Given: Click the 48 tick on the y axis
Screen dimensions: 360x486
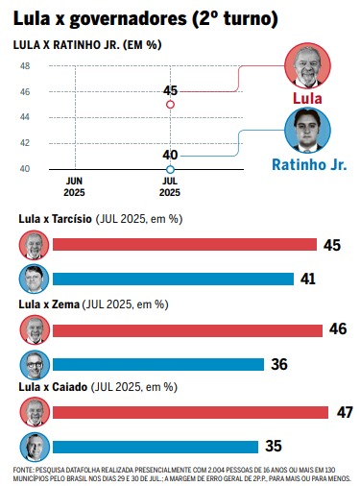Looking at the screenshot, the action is pyautogui.click(x=25, y=66).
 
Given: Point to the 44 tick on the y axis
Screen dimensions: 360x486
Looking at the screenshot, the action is pyautogui.click(x=25, y=117).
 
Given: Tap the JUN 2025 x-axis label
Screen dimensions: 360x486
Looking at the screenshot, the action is pyautogui.click(x=74, y=187).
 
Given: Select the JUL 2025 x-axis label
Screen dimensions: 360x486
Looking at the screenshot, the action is pyautogui.click(x=170, y=187).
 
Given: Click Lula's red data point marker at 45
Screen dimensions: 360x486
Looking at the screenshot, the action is pyautogui.click(x=171, y=105).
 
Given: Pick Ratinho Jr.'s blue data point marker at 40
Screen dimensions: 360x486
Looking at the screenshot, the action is pyautogui.click(x=171, y=169).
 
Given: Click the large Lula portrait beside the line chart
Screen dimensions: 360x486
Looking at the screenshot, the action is pyautogui.click(x=307, y=65).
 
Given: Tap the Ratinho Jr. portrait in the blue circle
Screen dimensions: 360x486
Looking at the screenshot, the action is pyautogui.click(x=307, y=131).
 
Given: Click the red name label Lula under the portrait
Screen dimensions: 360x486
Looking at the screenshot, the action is pyautogui.click(x=307, y=98).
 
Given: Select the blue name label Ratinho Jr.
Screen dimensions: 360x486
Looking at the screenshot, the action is pyautogui.click(x=309, y=165).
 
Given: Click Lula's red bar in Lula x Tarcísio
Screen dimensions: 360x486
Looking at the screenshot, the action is pyautogui.click(x=184, y=245).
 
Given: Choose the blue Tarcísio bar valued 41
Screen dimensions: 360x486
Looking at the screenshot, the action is pyautogui.click(x=173, y=279).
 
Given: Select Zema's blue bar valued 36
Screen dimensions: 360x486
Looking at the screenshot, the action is pyautogui.click(x=158, y=365).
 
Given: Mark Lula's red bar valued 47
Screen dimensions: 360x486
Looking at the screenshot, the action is pyautogui.click(x=190, y=412).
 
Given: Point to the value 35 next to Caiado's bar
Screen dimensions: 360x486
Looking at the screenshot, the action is pyautogui.click(x=274, y=446).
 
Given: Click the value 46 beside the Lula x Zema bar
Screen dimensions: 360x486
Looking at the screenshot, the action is pyautogui.click(x=338, y=328).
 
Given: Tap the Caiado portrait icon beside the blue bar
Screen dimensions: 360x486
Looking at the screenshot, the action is pyautogui.click(x=35, y=447).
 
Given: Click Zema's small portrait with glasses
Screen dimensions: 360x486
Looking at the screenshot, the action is pyautogui.click(x=35, y=365).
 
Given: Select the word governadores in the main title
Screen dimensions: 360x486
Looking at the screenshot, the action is pyautogui.click(x=128, y=19).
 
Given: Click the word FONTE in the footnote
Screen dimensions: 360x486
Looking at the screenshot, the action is pyautogui.click(x=22, y=470).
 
